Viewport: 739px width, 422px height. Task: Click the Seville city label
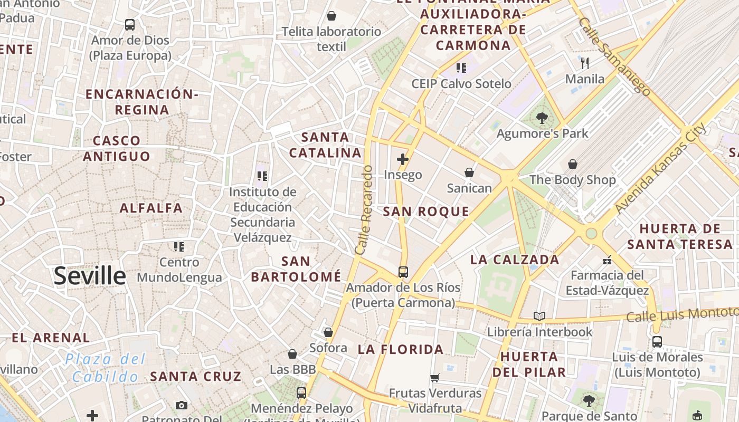[x=90, y=276]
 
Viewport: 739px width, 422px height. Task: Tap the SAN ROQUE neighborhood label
[x=425, y=212]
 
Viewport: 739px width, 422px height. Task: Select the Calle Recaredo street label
[x=364, y=210]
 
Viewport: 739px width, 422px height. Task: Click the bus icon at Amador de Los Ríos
[x=403, y=272]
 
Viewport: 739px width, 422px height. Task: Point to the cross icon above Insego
[x=403, y=159]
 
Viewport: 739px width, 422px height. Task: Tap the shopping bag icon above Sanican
[x=469, y=172]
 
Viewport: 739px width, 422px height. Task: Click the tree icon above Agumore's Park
[x=542, y=118]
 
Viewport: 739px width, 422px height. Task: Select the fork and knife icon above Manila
[x=584, y=63]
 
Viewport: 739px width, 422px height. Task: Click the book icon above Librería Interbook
[x=539, y=316]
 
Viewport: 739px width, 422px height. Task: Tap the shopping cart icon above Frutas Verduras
[x=435, y=378]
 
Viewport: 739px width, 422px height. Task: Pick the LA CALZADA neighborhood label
[x=514, y=260]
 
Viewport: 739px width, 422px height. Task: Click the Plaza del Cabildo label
[x=106, y=368]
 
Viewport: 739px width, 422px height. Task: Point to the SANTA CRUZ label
[x=195, y=377]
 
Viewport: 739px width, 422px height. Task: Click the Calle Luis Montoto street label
[x=681, y=314]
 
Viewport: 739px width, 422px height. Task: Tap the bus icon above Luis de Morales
[x=657, y=341]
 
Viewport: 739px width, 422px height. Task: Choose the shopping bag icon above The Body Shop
[x=572, y=164]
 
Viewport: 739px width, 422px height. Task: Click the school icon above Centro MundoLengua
[x=179, y=246]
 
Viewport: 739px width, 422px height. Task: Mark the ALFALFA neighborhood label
[x=151, y=208]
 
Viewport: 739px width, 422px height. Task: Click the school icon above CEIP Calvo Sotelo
[x=461, y=68]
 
